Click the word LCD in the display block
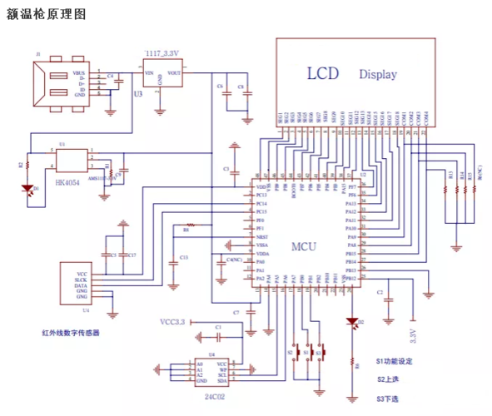point(324,73)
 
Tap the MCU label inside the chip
point(303,247)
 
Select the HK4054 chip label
point(67,182)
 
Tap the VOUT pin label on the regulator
point(174,73)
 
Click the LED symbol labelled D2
point(351,321)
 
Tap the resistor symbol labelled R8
point(191,225)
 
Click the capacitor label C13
point(183,258)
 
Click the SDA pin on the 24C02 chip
point(221,380)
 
